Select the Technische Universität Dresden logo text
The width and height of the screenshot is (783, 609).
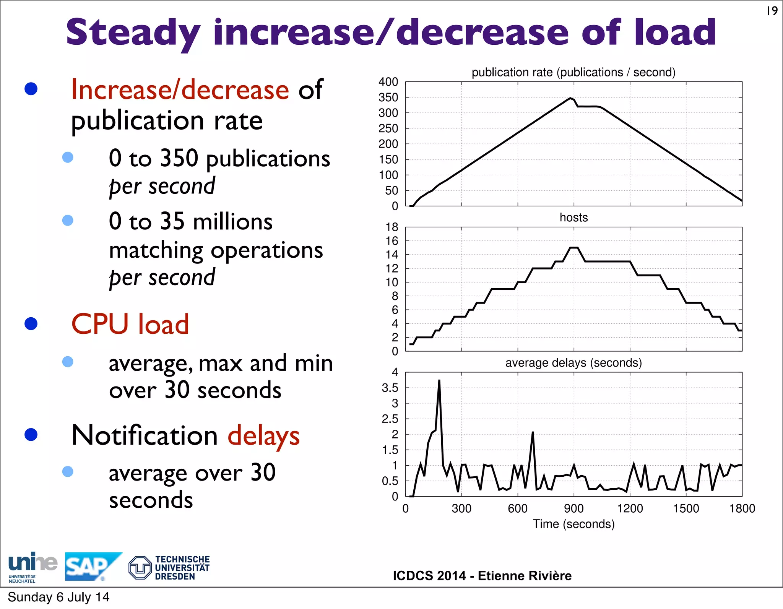point(182,568)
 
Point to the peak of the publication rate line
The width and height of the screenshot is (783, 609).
point(570,98)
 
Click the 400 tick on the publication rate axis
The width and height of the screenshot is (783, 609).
point(388,82)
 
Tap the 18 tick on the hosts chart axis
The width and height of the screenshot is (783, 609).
point(391,227)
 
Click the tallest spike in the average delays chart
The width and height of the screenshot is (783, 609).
point(439,381)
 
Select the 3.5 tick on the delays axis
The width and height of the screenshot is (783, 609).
point(390,388)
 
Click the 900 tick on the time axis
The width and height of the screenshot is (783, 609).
point(573,508)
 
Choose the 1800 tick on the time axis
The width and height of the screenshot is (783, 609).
point(742,508)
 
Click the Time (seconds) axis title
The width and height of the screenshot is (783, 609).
point(573,524)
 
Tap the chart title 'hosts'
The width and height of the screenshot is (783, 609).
point(573,218)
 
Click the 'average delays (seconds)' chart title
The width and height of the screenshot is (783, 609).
point(573,362)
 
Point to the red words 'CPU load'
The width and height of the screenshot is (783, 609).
point(130,324)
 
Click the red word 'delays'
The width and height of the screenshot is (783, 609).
point(263,435)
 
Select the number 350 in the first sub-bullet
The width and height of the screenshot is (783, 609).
point(179,158)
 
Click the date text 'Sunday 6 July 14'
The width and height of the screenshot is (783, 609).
point(58,597)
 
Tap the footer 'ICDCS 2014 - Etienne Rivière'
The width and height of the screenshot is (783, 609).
point(482,576)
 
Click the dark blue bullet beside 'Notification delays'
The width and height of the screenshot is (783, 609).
point(31,434)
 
